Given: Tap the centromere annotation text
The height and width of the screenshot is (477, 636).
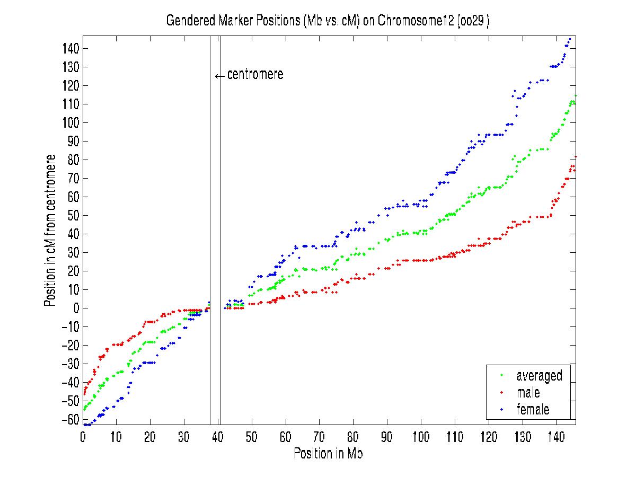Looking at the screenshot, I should [x=255, y=75].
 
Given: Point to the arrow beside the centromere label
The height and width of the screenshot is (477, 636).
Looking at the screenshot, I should [x=220, y=76].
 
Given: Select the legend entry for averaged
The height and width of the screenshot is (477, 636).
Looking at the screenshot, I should [x=539, y=376].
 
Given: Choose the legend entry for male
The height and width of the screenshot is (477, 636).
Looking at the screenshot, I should [x=528, y=393].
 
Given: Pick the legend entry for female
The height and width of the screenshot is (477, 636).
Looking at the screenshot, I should [x=533, y=409].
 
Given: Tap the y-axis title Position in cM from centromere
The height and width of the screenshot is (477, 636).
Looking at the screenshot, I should [x=50, y=231].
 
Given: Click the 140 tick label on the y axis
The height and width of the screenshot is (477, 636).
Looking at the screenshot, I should [x=69, y=49].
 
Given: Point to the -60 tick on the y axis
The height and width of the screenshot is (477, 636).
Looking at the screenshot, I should [x=69, y=419].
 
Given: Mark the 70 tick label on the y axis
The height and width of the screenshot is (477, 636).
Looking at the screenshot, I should [x=72, y=178].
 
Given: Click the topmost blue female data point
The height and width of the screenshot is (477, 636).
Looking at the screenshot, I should [x=570, y=39].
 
